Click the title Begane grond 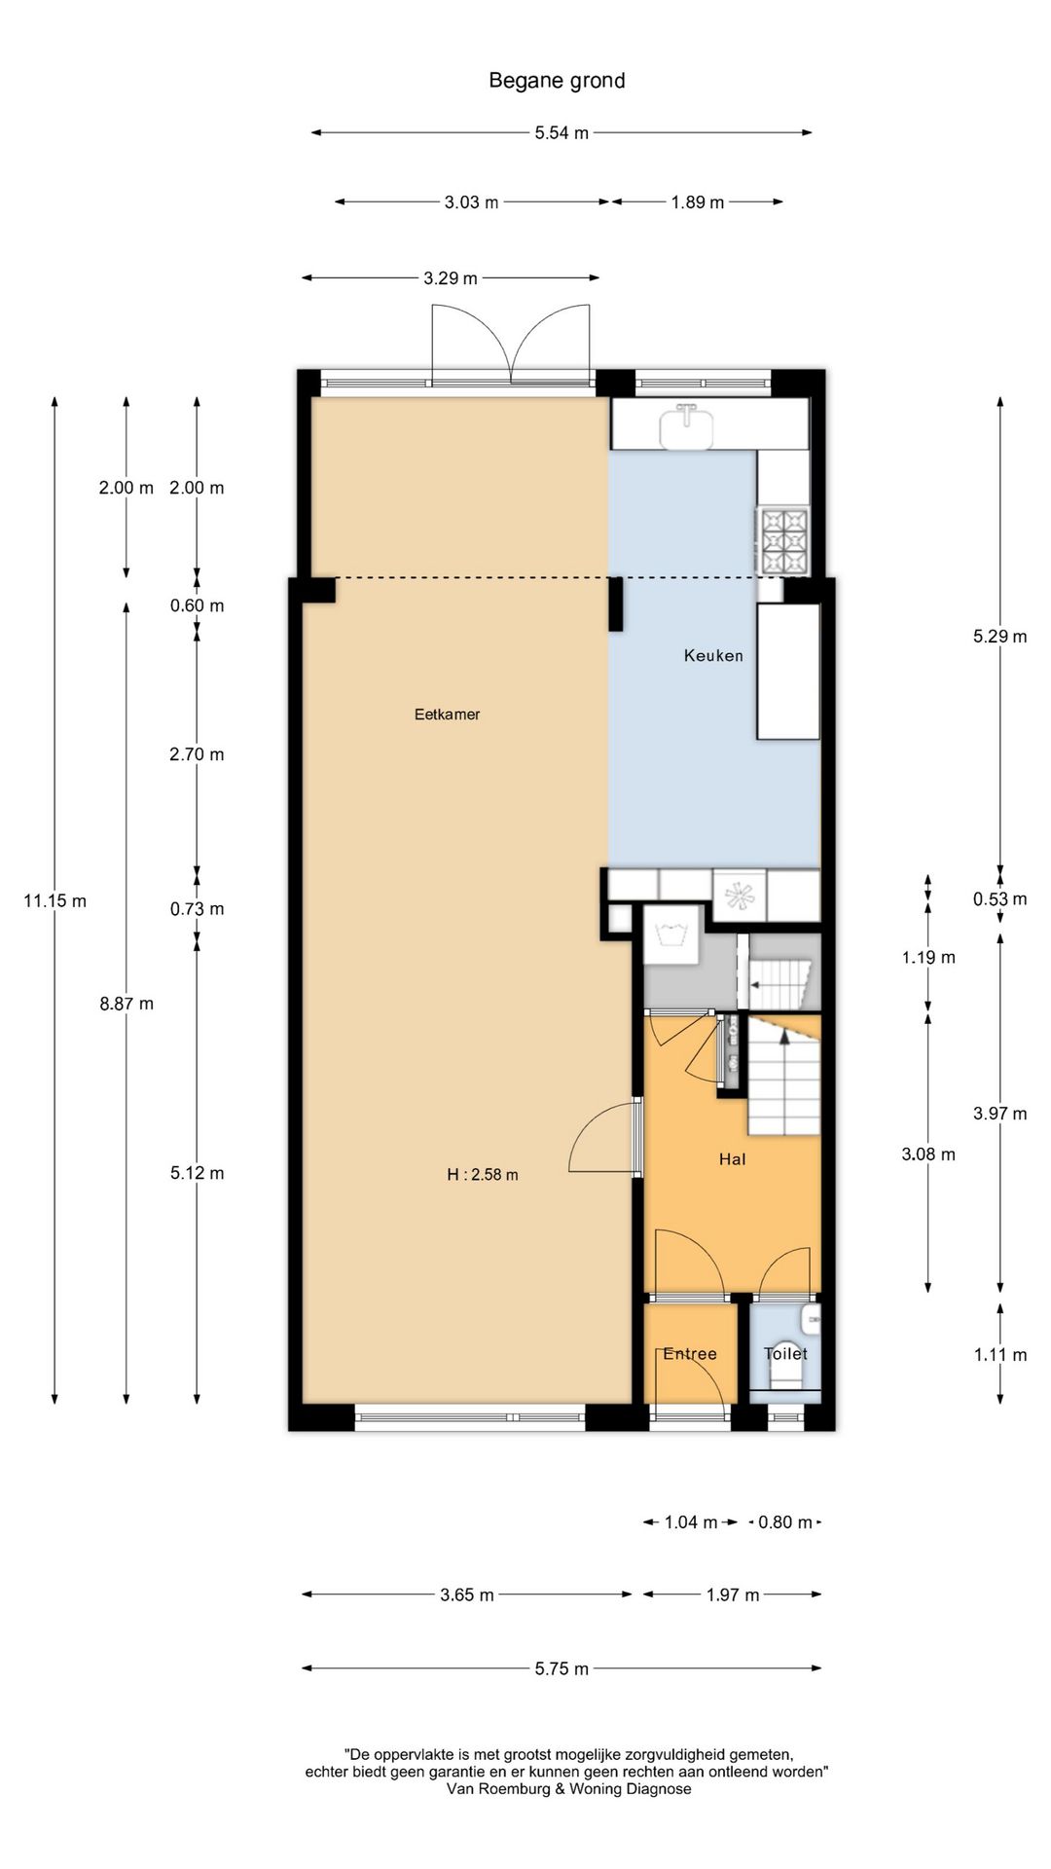point(557,81)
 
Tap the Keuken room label point(713,656)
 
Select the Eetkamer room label point(447,715)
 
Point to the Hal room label point(732,1159)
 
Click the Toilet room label point(785,1353)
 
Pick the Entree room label point(689,1354)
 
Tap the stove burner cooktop point(784,540)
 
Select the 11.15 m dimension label point(54,901)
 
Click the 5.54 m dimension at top point(562,132)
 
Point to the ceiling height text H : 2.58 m point(483,1175)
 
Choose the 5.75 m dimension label point(562,1668)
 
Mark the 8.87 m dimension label point(127,1004)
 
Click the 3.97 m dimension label point(1000,1114)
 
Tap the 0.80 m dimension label point(784,1522)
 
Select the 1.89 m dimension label point(698,202)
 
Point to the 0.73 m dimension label point(197,909)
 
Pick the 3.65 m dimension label point(467,1595)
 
